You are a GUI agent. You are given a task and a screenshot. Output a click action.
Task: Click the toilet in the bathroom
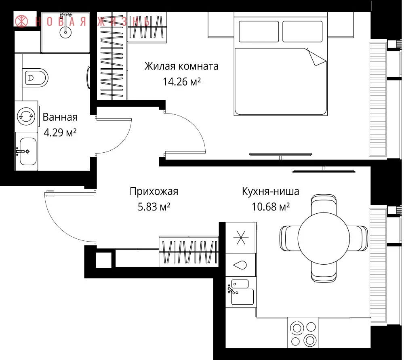point(35,78)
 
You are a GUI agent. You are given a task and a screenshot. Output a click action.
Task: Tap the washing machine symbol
point(26,116)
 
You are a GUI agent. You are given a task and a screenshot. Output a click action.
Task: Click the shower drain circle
point(65,32)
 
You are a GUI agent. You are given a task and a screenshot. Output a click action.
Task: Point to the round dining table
point(324,238)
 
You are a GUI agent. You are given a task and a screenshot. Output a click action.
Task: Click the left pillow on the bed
point(259,32)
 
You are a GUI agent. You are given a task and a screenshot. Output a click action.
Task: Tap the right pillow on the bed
point(302,32)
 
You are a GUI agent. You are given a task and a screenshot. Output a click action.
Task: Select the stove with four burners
point(303,332)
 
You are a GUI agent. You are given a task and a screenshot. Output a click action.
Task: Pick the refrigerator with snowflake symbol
point(241,237)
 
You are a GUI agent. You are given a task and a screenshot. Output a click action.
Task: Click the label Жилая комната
point(181,66)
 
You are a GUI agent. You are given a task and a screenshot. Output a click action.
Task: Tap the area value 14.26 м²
point(182,82)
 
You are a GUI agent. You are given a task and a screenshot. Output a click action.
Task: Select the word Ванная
point(60,117)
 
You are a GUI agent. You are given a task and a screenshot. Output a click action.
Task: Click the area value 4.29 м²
point(60,133)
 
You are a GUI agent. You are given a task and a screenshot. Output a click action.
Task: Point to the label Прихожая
point(154,192)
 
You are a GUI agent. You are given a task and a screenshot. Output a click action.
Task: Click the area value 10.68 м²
point(271,207)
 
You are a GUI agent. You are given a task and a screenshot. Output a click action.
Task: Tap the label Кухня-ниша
point(271,192)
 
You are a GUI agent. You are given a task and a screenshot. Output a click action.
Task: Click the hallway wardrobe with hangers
point(189,251)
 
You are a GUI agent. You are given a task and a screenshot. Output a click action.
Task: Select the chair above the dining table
point(324,204)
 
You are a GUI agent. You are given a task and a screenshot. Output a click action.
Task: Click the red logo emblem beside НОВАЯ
point(21,21)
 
